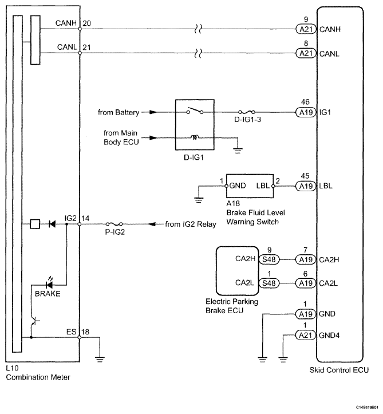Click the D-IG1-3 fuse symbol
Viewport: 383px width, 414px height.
[x=247, y=112]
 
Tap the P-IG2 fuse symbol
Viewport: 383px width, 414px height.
[x=114, y=224]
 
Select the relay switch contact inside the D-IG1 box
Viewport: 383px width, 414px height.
[x=195, y=111]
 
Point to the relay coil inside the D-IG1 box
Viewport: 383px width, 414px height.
[x=195, y=137]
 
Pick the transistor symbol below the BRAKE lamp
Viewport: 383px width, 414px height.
[x=34, y=321]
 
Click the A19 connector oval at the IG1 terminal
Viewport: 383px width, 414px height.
[x=306, y=112]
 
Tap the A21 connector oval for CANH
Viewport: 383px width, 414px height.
[x=306, y=29]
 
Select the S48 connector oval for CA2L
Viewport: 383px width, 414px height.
[x=269, y=283]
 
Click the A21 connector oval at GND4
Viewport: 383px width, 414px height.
[x=305, y=336]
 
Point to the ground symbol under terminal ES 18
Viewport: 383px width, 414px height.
[x=100, y=359]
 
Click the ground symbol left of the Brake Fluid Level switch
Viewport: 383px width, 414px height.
[x=199, y=200]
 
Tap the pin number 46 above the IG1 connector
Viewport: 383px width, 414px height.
[x=305, y=102]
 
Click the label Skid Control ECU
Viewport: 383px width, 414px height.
[x=339, y=370]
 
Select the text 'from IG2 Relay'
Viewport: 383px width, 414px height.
[x=191, y=224]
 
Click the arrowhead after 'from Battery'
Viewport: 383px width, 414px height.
[x=153, y=112]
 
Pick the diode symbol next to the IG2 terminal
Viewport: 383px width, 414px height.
[x=52, y=224]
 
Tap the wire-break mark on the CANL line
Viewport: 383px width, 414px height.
[x=198, y=53]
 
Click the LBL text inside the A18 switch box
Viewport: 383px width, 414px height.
[x=263, y=186]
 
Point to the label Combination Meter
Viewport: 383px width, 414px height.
[x=38, y=377]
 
